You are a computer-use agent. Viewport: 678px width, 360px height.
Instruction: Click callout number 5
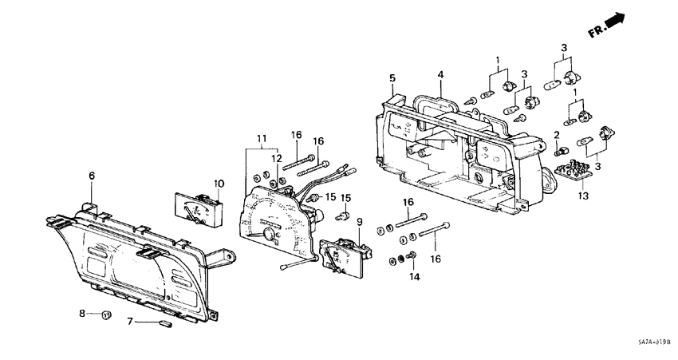pyautogui.click(x=392, y=77)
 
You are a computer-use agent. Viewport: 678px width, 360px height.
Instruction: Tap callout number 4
pyautogui.click(x=440, y=76)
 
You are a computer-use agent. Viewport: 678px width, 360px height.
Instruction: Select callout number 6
pyautogui.click(x=92, y=175)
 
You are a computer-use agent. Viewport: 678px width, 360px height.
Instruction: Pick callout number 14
pyautogui.click(x=413, y=276)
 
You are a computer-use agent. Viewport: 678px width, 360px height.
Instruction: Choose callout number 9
pyautogui.click(x=359, y=221)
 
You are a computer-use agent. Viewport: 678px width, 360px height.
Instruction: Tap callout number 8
pyautogui.click(x=81, y=314)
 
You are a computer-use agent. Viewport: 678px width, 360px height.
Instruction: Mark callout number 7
pyautogui.click(x=130, y=322)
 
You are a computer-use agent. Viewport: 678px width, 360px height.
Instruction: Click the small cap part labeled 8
pyautogui.click(x=105, y=315)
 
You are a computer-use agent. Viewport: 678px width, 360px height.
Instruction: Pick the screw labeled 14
pyautogui.click(x=413, y=255)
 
